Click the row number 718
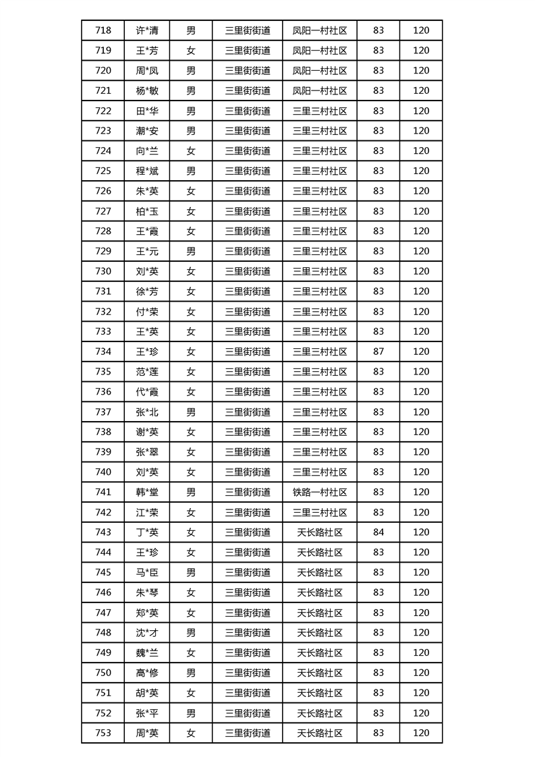(103, 30)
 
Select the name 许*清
(147, 30)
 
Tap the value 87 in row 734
(378, 352)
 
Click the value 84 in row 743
(378, 532)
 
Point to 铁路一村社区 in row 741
(320, 493)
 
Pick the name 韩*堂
(147, 493)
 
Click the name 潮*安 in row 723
(147, 131)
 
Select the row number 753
(103, 733)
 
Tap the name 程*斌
(147, 171)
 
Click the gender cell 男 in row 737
(191, 412)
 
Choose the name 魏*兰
(147, 653)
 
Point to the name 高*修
(147, 673)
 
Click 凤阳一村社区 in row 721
(320, 90)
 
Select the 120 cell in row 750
(421, 673)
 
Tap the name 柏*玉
(147, 211)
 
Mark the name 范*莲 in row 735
(147, 372)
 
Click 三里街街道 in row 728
(248, 231)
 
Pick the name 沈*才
(147, 633)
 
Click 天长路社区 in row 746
(320, 592)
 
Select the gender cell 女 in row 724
(191, 151)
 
